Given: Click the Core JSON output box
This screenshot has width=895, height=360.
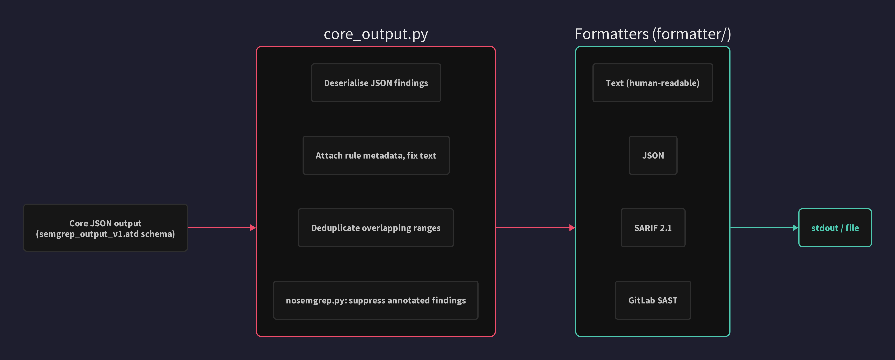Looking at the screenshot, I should click(105, 228).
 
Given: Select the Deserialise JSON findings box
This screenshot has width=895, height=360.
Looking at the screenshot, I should click(376, 83).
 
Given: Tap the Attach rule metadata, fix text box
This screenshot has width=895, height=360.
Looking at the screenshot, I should click(376, 155).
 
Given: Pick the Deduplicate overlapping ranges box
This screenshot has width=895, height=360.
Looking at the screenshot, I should click(376, 228).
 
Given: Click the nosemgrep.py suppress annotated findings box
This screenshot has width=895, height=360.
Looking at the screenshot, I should click(376, 300).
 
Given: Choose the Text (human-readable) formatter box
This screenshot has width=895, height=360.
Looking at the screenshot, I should click(652, 83).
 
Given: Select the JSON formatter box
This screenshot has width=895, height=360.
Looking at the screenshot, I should click(653, 155).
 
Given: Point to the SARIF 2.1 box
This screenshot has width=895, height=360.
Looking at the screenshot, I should click(653, 228).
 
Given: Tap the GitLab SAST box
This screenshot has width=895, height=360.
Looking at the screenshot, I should click(653, 300).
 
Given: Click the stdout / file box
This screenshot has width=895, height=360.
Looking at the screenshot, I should click(835, 228).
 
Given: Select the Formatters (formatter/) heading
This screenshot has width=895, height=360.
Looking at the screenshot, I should click(652, 34).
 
